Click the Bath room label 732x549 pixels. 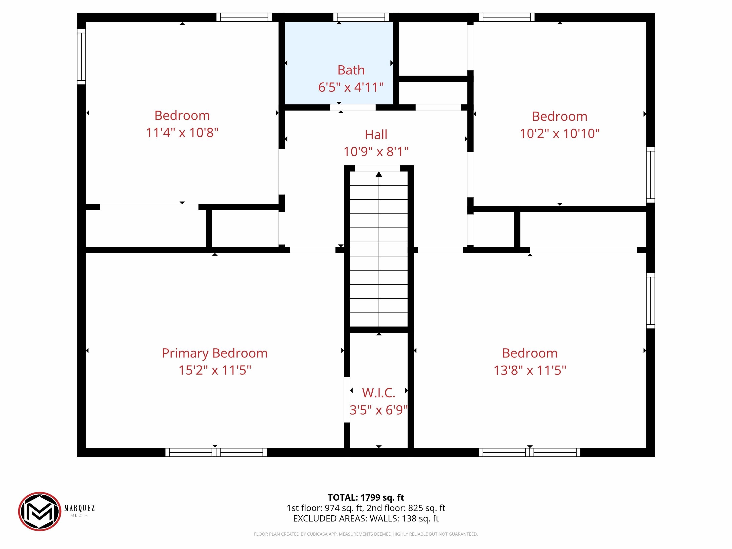[351, 70]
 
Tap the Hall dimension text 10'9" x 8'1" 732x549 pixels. [376, 152]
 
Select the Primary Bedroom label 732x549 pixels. [215, 353]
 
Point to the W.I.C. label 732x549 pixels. [379, 393]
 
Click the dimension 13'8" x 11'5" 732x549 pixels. [530, 370]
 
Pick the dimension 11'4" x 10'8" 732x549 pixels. [182, 133]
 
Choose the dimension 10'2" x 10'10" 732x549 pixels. [559, 134]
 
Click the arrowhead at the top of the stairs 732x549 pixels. [379, 174]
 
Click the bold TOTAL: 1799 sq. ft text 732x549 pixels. [366, 497]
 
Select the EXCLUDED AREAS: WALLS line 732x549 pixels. [366, 518]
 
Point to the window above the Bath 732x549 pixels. [361, 17]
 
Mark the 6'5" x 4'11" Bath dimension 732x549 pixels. [351, 87]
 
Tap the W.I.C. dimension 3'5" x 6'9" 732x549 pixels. [379, 410]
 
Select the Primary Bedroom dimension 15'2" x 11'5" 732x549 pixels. [215, 370]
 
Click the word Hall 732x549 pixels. [376, 135]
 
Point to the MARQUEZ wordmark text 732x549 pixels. [79, 508]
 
